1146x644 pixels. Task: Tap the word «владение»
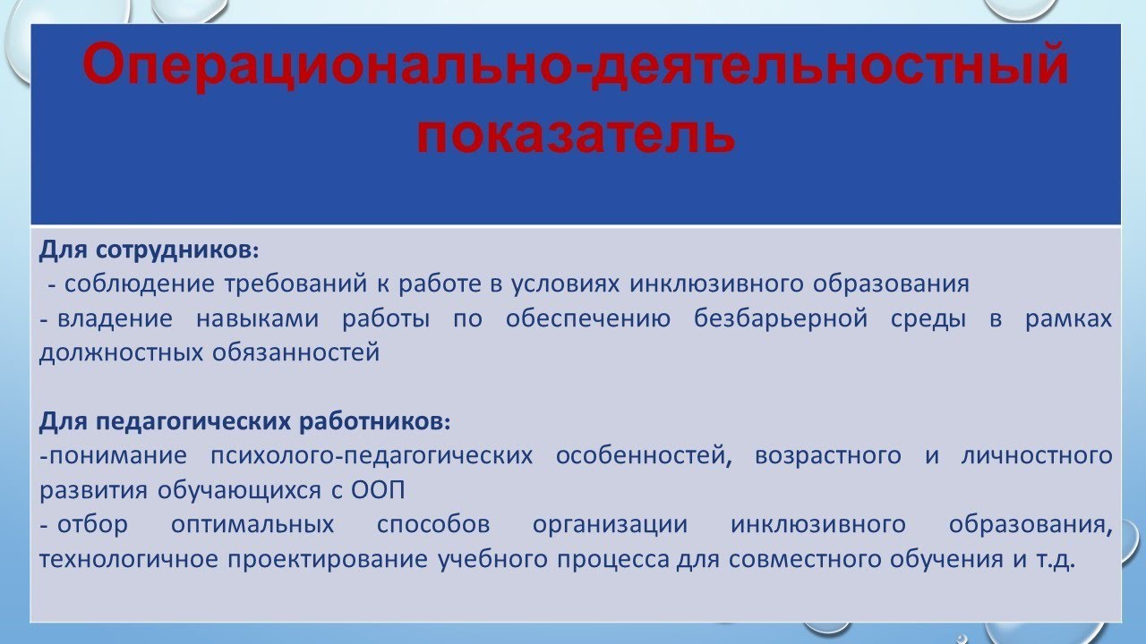(113, 318)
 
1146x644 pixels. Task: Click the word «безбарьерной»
(780, 318)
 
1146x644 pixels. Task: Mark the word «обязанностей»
(296, 352)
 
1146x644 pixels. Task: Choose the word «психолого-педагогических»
(372, 455)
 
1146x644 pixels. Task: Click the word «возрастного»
(828, 455)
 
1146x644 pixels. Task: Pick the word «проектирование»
(330, 560)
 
